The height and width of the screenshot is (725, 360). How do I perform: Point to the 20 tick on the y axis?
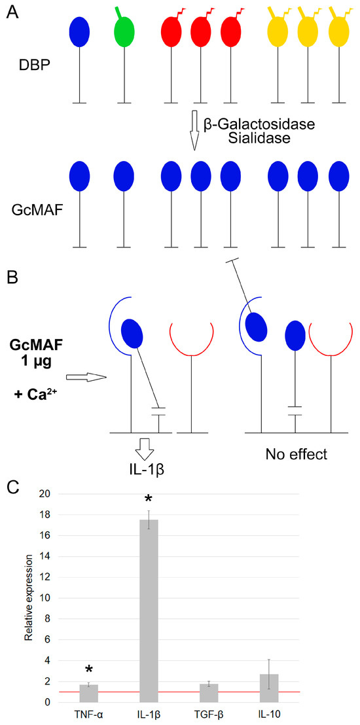[63, 494]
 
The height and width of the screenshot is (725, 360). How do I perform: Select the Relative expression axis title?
[28, 598]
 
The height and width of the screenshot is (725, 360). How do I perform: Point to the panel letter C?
[12, 487]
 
